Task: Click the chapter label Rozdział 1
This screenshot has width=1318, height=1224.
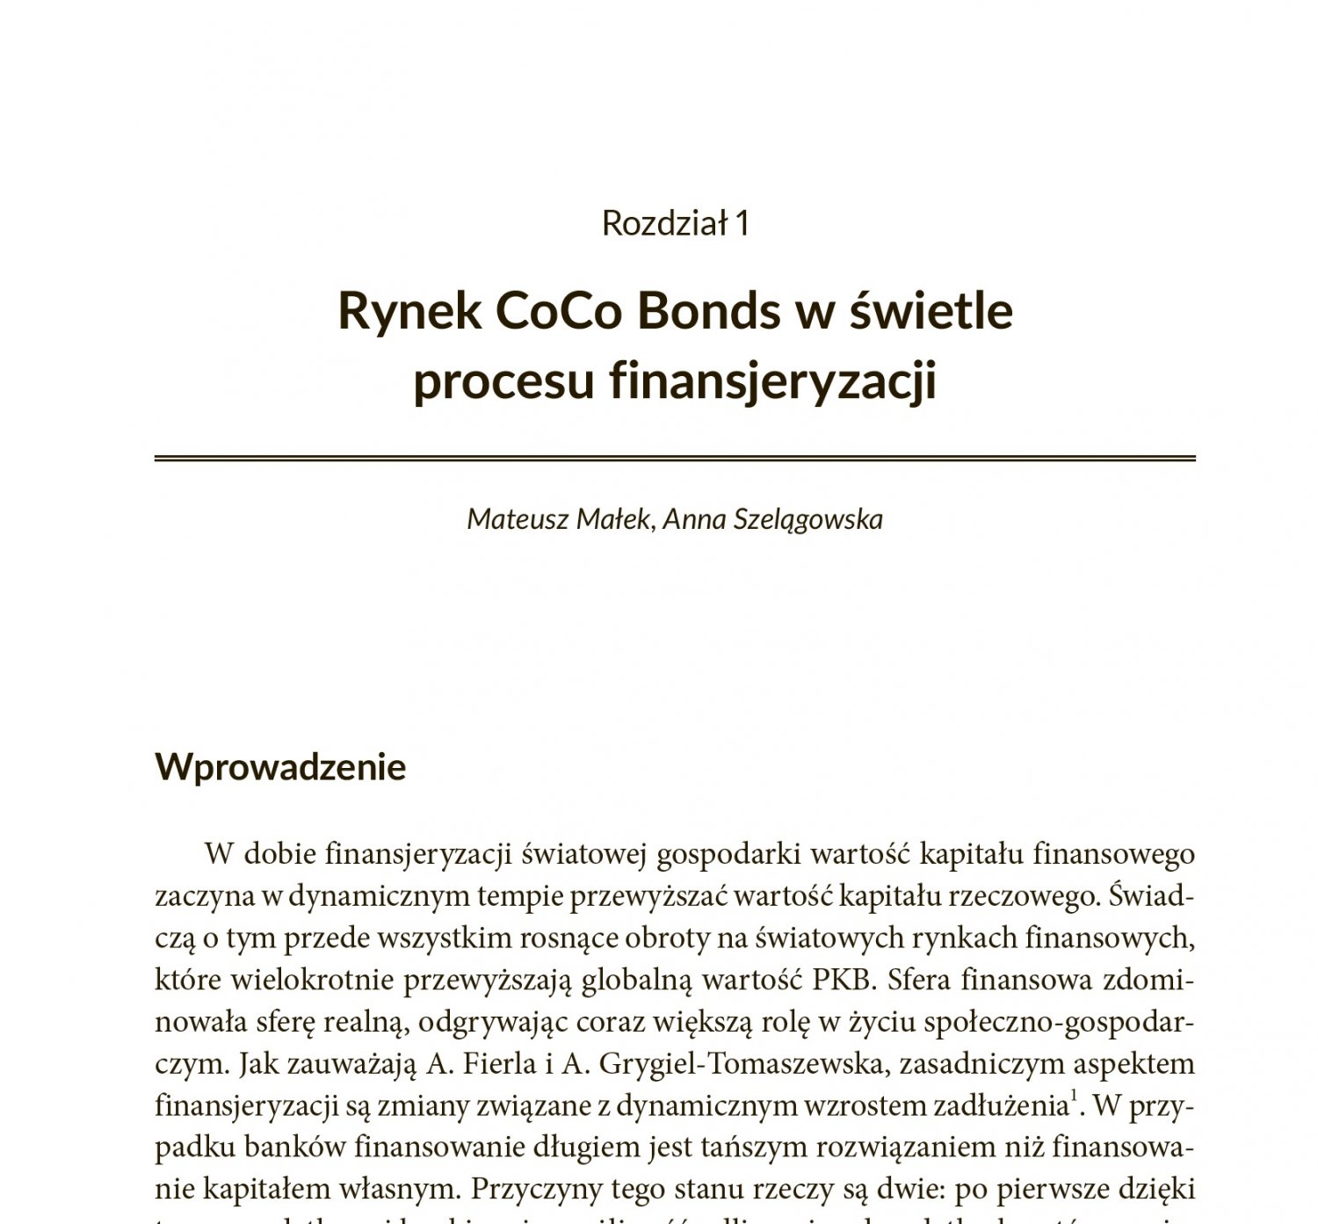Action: click(x=675, y=223)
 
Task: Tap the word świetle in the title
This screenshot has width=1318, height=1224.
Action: click(x=931, y=311)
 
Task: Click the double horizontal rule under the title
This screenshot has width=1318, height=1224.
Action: click(x=675, y=458)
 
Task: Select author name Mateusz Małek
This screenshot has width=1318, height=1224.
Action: click(x=559, y=519)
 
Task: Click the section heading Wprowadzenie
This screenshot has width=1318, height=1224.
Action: click(x=280, y=767)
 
